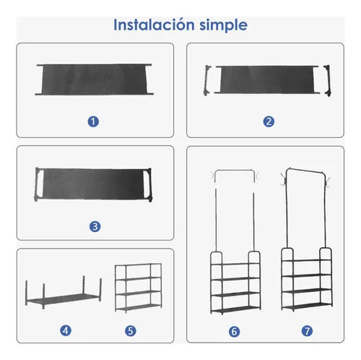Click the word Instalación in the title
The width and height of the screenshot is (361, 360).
point(154,25)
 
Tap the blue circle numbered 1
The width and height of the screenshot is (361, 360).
point(93,121)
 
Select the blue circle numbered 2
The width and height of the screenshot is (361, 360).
point(269,121)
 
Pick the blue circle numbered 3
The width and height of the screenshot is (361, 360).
point(95,226)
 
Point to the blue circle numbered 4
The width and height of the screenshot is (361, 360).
point(66,330)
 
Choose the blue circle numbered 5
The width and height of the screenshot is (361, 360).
point(131,330)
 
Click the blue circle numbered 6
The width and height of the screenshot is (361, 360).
point(235,332)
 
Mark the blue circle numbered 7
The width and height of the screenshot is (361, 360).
point(307,331)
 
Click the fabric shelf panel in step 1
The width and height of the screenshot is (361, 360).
point(94,80)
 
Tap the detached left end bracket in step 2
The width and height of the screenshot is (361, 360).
point(207,80)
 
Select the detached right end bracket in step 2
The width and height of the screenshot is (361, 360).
point(327,80)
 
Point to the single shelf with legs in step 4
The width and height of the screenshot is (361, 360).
point(64,293)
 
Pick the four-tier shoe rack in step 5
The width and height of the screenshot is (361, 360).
point(139,288)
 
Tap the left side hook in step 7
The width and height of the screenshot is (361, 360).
point(284,179)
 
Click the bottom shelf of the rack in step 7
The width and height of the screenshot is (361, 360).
point(307,306)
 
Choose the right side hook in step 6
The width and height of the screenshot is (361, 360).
point(257,176)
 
